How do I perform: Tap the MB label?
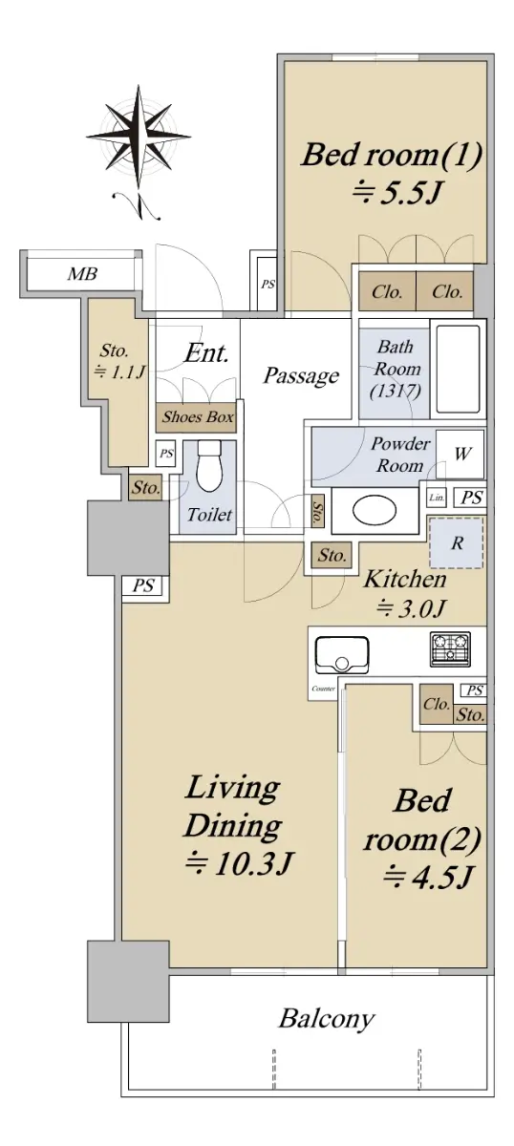click(x=82, y=274)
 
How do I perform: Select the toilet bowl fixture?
click(x=208, y=466)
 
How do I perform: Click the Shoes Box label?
click(x=198, y=417)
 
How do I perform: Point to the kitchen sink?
click(x=341, y=655)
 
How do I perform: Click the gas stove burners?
click(x=451, y=649)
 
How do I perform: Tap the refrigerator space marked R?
click(x=457, y=543)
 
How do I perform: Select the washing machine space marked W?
click(x=460, y=454)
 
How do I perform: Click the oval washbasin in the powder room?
click(x=375, y=511)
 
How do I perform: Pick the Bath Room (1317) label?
click(x=396, y=369)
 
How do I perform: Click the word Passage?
click(x=301, y=376)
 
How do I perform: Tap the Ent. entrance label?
click(x=206, y=353)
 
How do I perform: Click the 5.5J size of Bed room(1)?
click(x=396, y=194)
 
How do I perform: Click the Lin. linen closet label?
click(x=437, y=498)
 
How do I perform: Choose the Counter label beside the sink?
click(x=324, y=689)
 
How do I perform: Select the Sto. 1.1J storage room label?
click(x=117, y=361)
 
